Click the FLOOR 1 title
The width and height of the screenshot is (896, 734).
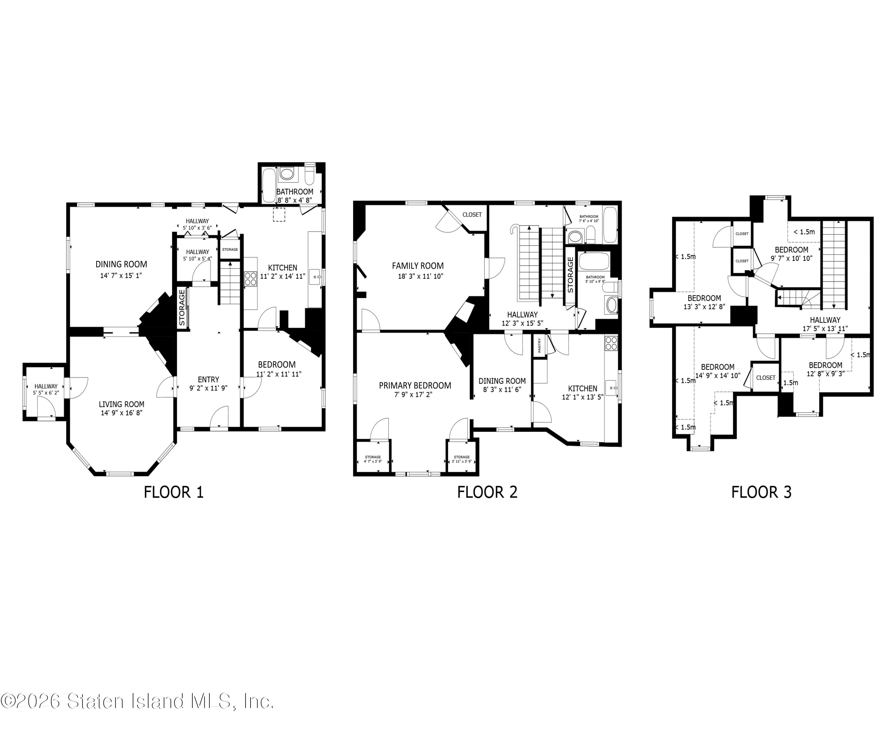(174, 492)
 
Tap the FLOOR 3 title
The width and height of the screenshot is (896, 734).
(761, 492)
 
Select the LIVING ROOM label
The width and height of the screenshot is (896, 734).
(122, 404)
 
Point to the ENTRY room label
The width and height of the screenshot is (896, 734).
(208, 380)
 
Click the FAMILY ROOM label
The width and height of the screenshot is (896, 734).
(418, 266)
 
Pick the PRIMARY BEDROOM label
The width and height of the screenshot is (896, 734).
(415, 386)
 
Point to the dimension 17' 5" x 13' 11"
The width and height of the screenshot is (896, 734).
(825, 328)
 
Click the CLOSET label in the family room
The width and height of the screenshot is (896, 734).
(472, 214)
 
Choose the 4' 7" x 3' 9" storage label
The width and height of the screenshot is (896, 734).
(373, 461)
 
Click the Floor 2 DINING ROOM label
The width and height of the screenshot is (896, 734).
(502, 381)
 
